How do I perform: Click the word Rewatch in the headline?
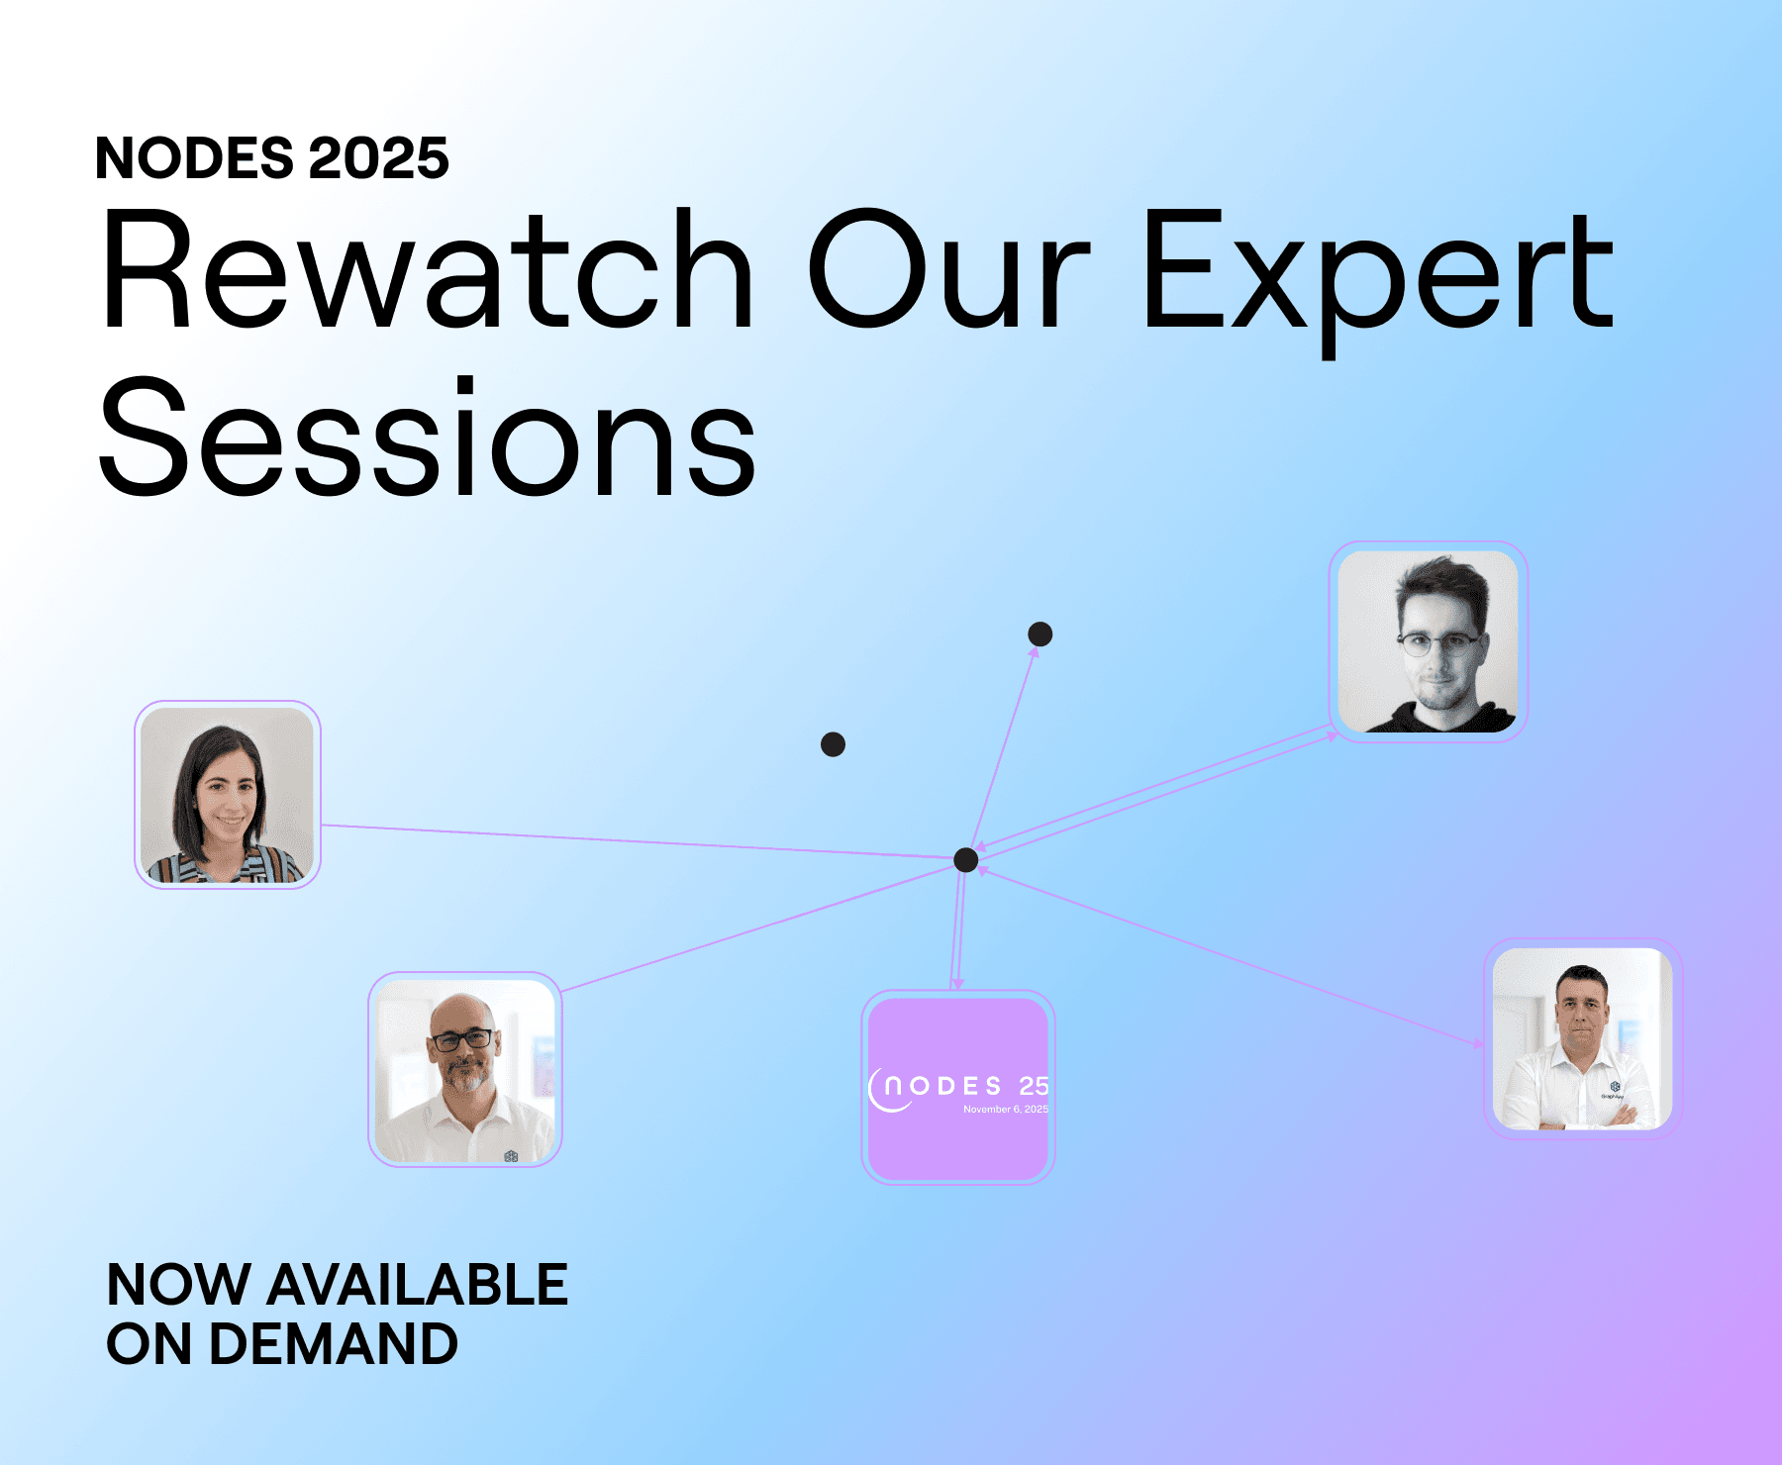pos(428,268)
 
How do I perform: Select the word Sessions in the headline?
pos(428,437)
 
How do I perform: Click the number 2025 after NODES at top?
pos(379,158)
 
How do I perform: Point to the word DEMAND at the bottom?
pos(334,1344)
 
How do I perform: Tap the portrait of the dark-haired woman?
pos(228,795)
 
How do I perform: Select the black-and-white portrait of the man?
pos(1428,641)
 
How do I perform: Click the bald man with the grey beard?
pos(465,1070)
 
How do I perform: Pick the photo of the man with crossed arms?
pos(1582,1038)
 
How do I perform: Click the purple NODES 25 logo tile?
pos(958,1088)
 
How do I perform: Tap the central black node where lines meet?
pos(966,860)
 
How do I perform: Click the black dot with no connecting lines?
pos(834,744)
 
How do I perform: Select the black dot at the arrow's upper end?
pos(1040,634)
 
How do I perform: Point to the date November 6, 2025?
pos(1006,1110)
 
